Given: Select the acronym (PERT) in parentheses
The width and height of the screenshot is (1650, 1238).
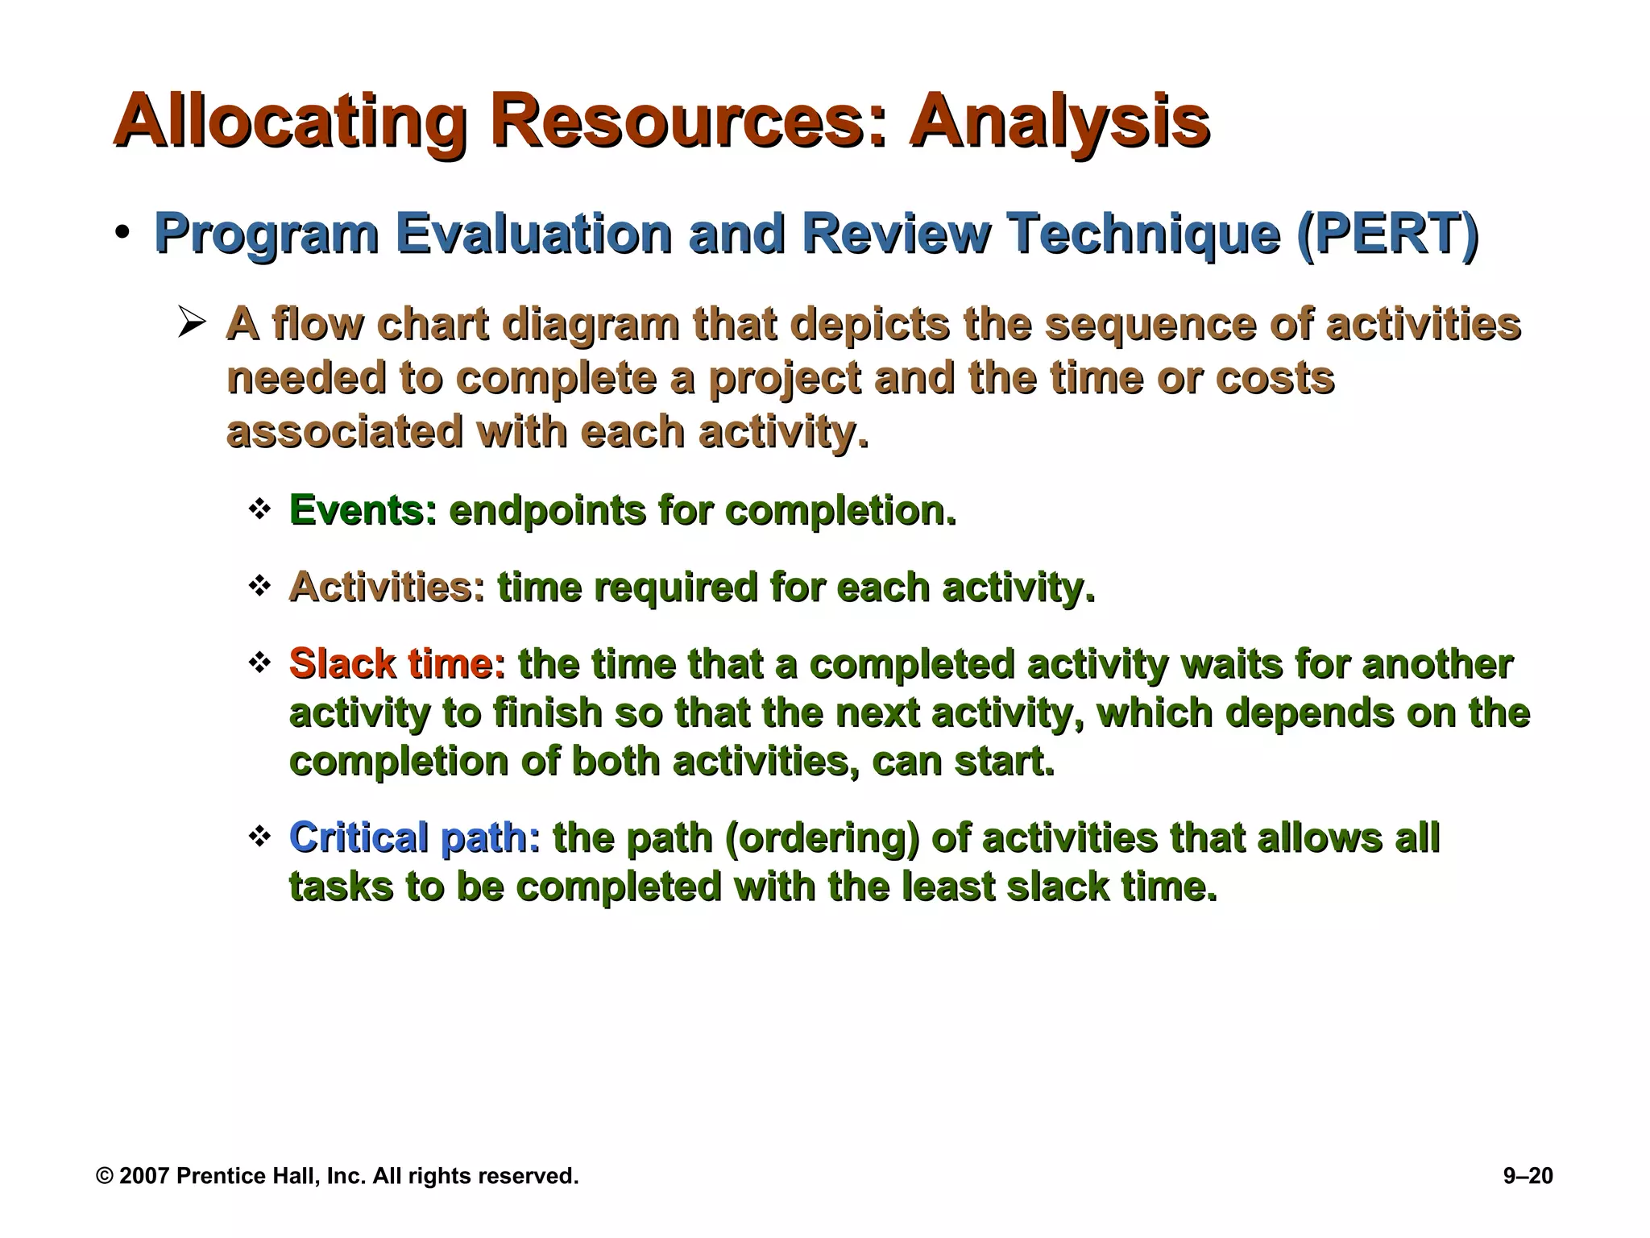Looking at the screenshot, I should pos(1387,234).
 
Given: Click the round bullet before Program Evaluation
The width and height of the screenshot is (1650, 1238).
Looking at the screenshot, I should pos(122,233).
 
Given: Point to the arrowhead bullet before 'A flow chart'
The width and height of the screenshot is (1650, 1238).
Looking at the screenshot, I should pos(193,324).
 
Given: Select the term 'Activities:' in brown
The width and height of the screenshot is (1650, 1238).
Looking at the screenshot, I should pos(387,587).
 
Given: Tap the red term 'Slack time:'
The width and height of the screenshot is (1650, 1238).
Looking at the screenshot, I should pos(397,664).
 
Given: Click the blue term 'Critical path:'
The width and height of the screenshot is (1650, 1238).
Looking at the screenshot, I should pos(414,837).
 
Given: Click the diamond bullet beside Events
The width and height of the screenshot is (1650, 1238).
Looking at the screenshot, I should pos(259,509).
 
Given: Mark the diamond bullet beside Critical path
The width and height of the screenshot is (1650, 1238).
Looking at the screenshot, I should pos(259,836).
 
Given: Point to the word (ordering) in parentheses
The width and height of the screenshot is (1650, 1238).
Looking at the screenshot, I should pos(822,837).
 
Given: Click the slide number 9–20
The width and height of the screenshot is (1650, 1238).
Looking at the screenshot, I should pos(1528,1176).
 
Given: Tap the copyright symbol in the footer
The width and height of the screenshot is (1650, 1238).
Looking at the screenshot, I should pos(105,1176).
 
